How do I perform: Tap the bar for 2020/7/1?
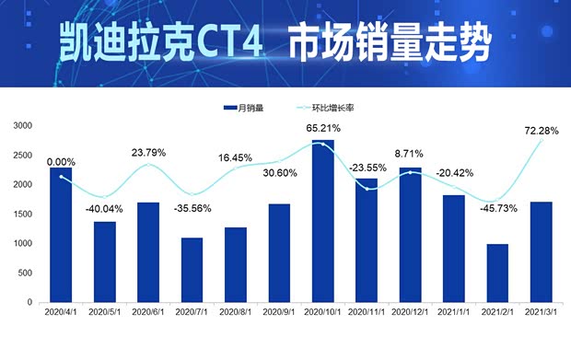click(191, 270)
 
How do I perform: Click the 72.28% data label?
click(540, 132)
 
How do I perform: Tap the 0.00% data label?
click(61, 161)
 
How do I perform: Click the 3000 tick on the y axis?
click(22, 125)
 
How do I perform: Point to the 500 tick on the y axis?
click(25, 273)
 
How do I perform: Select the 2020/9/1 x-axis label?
click(280, 313)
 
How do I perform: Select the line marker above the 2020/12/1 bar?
click(412, 173)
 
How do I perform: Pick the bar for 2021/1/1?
click(455, 248)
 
